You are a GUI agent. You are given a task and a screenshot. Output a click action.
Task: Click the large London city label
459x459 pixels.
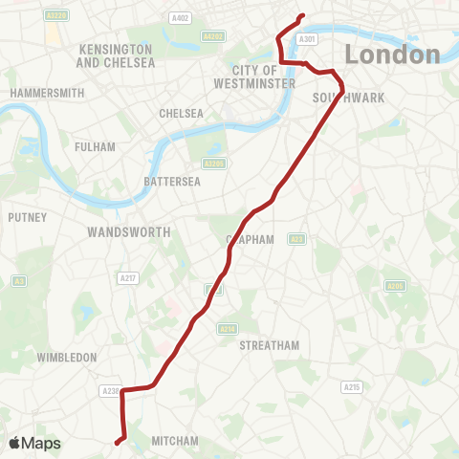pos(392,55)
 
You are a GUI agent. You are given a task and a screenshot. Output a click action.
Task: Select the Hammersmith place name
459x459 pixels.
pos(47,93)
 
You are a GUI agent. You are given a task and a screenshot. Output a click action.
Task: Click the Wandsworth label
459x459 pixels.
pos(128,232)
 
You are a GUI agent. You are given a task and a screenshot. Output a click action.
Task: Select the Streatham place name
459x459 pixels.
pos(270,344)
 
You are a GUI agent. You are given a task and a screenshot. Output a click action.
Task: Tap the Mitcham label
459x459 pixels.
pos(174,441)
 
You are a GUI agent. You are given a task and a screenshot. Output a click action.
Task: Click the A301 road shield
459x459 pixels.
pos(306,39)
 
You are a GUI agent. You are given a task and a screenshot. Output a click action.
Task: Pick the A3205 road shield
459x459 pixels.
pos(214,164)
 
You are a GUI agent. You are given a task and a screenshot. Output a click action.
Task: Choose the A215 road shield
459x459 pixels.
pos(351,386)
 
